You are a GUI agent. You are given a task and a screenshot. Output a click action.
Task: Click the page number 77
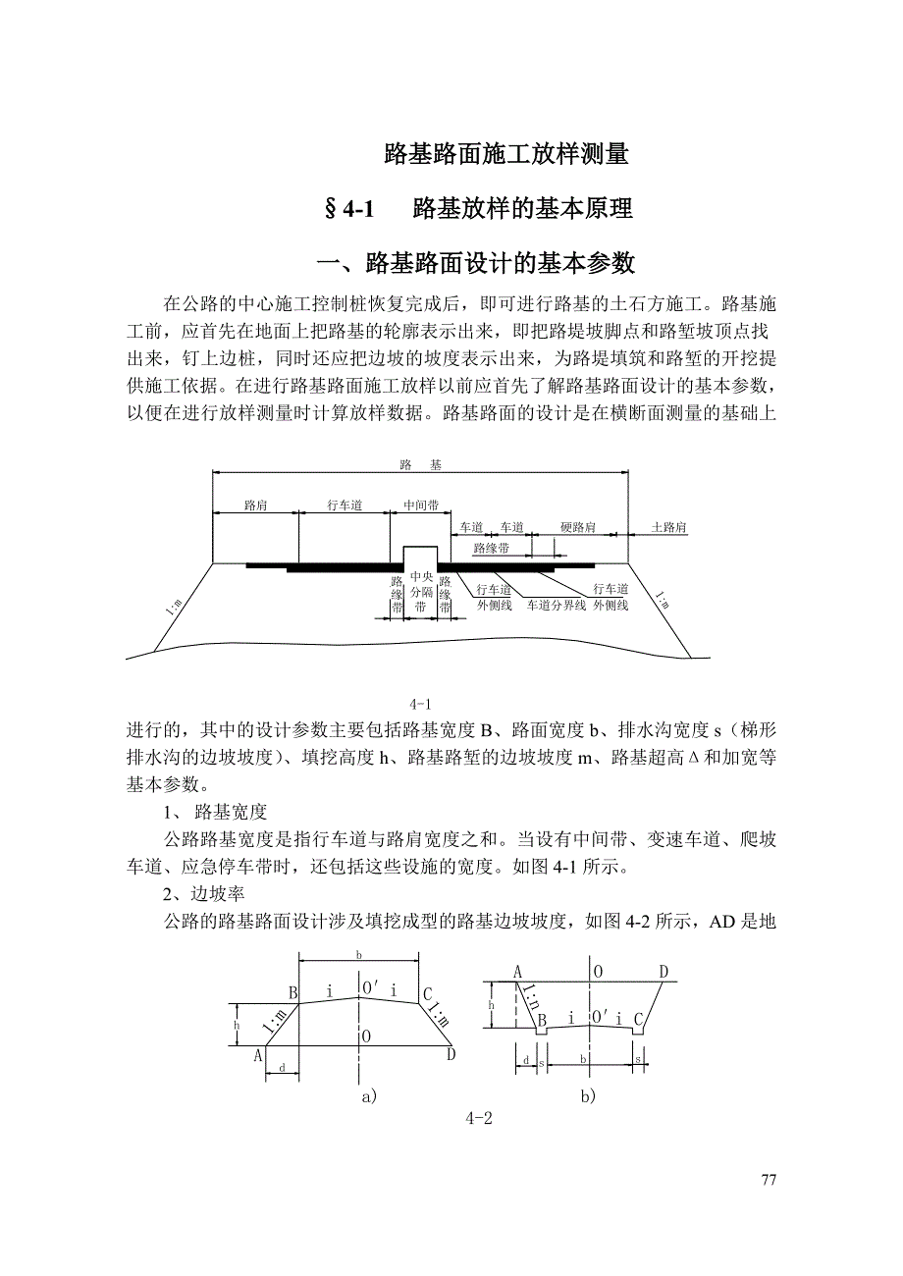tap(769, 1180)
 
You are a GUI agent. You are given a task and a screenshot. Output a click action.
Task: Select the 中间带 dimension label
tap(421, 505)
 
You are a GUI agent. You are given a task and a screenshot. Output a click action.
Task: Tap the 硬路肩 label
tap(578, 527)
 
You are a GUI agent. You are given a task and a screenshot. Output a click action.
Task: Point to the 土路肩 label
tap(669, 527)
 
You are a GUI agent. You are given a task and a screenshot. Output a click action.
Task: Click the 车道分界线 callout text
tap(557, 605)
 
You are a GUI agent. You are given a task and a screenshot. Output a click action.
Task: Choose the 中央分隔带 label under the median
tap(421, 593)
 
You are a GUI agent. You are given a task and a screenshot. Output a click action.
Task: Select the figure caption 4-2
tap(478, 1118)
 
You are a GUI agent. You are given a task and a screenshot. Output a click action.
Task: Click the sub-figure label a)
tap(369, 1096)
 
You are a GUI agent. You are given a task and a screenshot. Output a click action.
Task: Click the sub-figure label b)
tap(587, 1096)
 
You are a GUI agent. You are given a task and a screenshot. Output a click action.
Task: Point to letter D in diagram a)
tap(451, 1054)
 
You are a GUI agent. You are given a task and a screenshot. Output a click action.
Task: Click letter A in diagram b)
tap(516, 972)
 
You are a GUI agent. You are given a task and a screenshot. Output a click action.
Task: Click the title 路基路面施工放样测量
tap(505, 153)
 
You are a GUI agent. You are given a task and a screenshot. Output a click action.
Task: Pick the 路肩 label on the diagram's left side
tap(255, 505)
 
